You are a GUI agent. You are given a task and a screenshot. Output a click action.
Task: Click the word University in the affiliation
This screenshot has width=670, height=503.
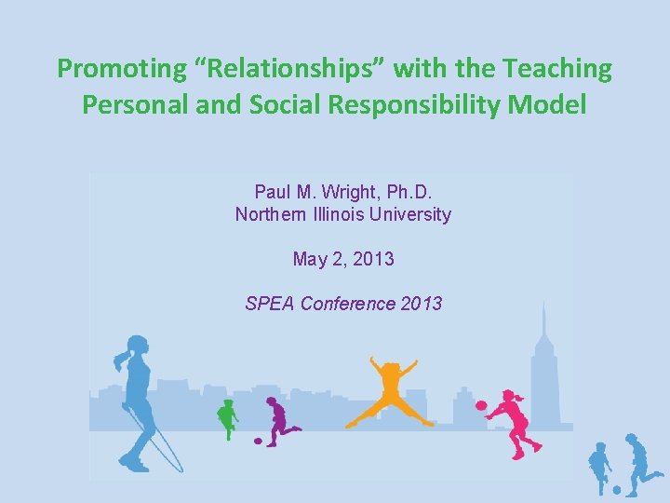pyautogui.click(x=421, y=214)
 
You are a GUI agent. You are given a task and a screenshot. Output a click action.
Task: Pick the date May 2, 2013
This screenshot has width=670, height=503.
pyautogui.click(x=343, y=259)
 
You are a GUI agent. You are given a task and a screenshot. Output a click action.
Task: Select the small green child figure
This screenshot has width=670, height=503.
pyautogui.click(x=226, y=417)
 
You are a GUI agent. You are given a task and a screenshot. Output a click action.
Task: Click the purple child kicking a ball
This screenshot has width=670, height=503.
pyautogui.click(x=277, y=420)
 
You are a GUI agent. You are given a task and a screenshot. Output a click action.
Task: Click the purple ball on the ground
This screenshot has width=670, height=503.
pyautogui.click(x=259, y=440)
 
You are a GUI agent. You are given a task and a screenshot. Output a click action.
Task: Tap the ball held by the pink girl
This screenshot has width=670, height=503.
pyautogui.click(x=481, y=406)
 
